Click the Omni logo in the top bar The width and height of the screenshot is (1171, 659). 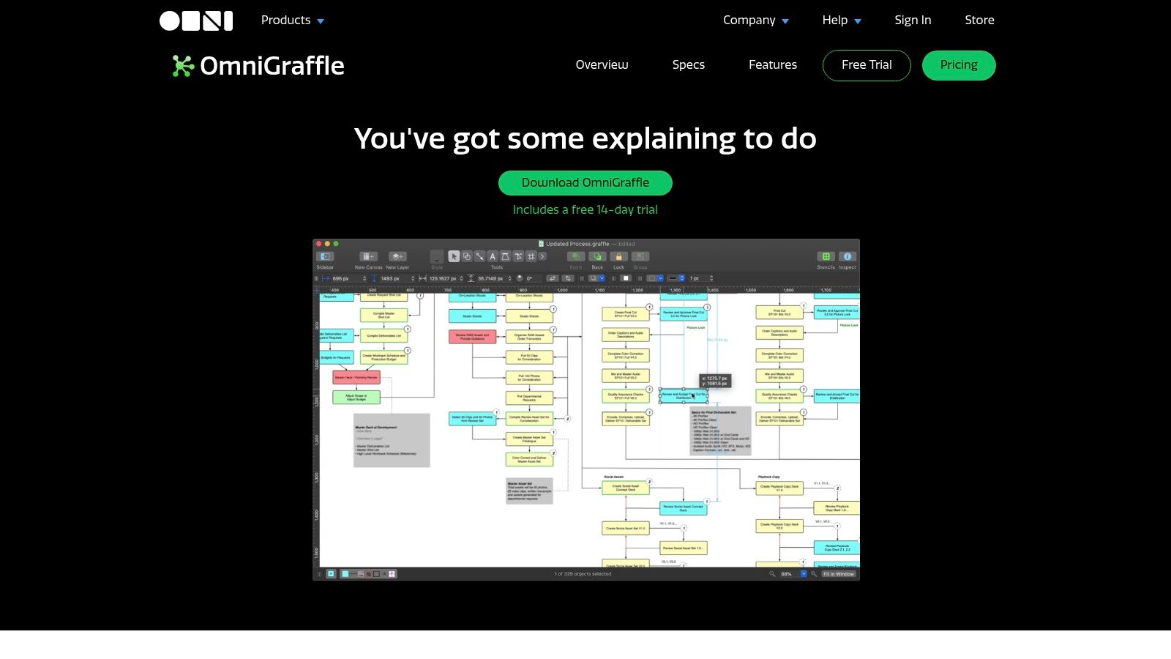pyautogui.click(x=196, y=21)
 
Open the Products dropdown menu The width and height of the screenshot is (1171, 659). pyautogui.click(x=292, y=21)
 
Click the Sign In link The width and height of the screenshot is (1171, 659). pyautogui.click(x=913, y=21)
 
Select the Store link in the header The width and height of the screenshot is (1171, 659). pyautogui.click(x=979, y=21)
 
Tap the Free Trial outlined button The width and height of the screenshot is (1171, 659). pyautogui.click(x=867, y=65)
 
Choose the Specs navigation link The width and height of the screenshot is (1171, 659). pyautogui.click(x=689, y=65)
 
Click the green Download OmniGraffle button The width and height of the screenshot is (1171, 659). pyautogui.click(x=585, y=183)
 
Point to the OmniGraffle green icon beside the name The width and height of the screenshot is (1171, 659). pyautogui.click(x=182, y=66)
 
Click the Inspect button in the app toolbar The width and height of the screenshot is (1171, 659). pyautogui.click(x=848, y=257)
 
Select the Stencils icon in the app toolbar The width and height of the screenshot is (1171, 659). pyautogui.click(x=826, y=257)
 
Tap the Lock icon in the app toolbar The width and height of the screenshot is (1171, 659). pyautogui.click(x=618, y=257)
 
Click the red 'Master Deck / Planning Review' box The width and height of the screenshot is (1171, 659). pyautogui.click(x=356, y=378)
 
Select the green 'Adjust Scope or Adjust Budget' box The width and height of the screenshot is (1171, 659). pyautogui.click(x=356, y=398)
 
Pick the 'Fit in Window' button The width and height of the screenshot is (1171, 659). pyautogui.click(x=838, y=574)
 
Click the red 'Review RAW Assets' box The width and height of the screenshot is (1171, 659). pyautogui.click(x=472, y=337)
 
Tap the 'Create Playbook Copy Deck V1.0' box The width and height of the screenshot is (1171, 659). pyautogui.click(x=779, y=488)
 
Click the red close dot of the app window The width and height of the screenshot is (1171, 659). pyautogui.click(x=319, y=244)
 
